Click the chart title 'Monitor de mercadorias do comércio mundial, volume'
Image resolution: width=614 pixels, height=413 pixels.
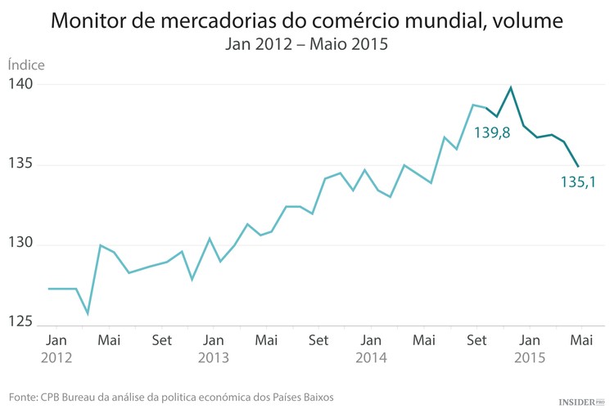pos(307,20)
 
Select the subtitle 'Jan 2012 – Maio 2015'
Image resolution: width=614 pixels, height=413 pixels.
pos(306,45)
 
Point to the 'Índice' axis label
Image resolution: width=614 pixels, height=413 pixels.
pos(26,65)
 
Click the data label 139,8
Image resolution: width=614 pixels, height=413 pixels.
pos(492,132)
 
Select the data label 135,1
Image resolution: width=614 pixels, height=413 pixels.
pos(578,182)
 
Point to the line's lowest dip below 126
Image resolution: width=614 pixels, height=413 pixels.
pos(88,313)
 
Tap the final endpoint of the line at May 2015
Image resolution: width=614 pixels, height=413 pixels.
pos(578,166)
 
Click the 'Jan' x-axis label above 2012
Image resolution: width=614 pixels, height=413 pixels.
pos(56,339)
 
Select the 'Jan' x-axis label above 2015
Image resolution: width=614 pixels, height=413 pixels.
pos(529,339)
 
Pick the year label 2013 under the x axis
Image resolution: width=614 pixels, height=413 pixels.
pos(213,358)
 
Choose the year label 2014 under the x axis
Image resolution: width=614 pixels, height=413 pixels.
pos(371,358)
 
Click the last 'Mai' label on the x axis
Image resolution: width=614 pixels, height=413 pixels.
pos(581,339)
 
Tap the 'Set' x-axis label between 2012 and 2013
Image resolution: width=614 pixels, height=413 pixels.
pos(161,339)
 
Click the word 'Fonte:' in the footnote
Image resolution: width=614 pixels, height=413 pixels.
pos(23,397)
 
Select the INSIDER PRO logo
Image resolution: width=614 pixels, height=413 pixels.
pos(580,402)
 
